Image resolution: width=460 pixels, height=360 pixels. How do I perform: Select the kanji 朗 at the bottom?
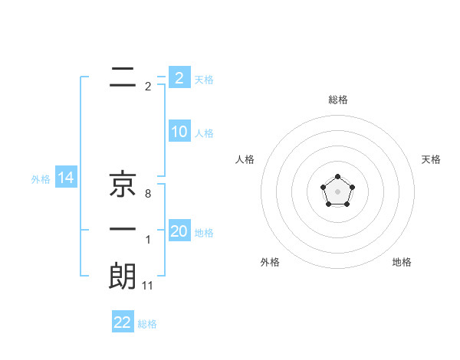point(123,276)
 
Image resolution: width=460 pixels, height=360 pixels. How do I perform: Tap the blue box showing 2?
point(179,77)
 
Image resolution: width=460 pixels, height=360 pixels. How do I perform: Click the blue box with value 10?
point(179,132)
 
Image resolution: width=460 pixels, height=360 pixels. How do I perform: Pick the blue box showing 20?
point(179,231)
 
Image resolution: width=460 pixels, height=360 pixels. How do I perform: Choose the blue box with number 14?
point(66,178)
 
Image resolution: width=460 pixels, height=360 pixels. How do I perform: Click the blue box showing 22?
point(123,322)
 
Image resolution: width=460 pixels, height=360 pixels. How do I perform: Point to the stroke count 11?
point(149,286)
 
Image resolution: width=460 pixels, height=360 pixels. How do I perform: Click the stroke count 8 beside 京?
point(148,195)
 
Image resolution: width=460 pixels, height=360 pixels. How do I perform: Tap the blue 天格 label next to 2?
point(204,79)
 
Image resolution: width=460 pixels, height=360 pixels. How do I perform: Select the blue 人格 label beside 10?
point(204,133)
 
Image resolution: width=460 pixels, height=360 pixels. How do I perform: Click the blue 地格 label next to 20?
point(204,233)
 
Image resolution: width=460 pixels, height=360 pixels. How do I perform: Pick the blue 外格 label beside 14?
point(41,179)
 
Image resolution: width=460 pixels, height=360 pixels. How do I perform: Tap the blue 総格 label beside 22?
point(147,324)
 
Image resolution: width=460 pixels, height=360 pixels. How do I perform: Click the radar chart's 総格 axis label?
point(337,100)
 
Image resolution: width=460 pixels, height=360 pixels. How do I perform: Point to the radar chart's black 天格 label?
point(432,159)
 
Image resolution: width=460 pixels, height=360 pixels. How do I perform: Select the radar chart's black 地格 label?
point(402,262)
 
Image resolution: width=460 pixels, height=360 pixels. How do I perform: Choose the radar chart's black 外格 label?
point(270,262)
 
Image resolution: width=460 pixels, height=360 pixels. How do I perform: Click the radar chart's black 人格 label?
point(245,159)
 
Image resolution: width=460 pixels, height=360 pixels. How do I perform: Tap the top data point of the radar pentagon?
point(337,177)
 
